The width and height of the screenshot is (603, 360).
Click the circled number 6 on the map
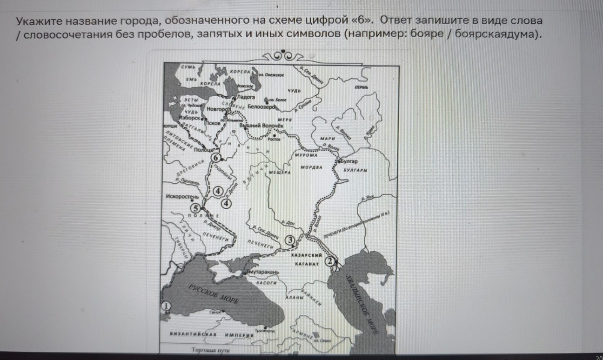tap(215, 158)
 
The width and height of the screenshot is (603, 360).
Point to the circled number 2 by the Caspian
tap(330, 261)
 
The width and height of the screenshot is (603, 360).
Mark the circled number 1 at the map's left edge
tap(165, 306)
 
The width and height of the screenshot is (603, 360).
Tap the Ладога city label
tap(246, 97)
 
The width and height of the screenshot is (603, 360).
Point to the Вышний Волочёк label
tap(261, 126)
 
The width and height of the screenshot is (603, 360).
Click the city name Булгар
tap(349, 161)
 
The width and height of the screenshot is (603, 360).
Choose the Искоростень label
tap(182, 197)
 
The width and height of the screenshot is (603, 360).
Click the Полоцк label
tap(203, 149)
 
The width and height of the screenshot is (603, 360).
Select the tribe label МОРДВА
tap(312, 167)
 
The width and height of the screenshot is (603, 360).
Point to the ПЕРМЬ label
tap(361, 87)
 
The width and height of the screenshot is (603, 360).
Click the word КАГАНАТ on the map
tap(306, 264)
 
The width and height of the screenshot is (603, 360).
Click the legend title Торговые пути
tap(210, 349)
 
